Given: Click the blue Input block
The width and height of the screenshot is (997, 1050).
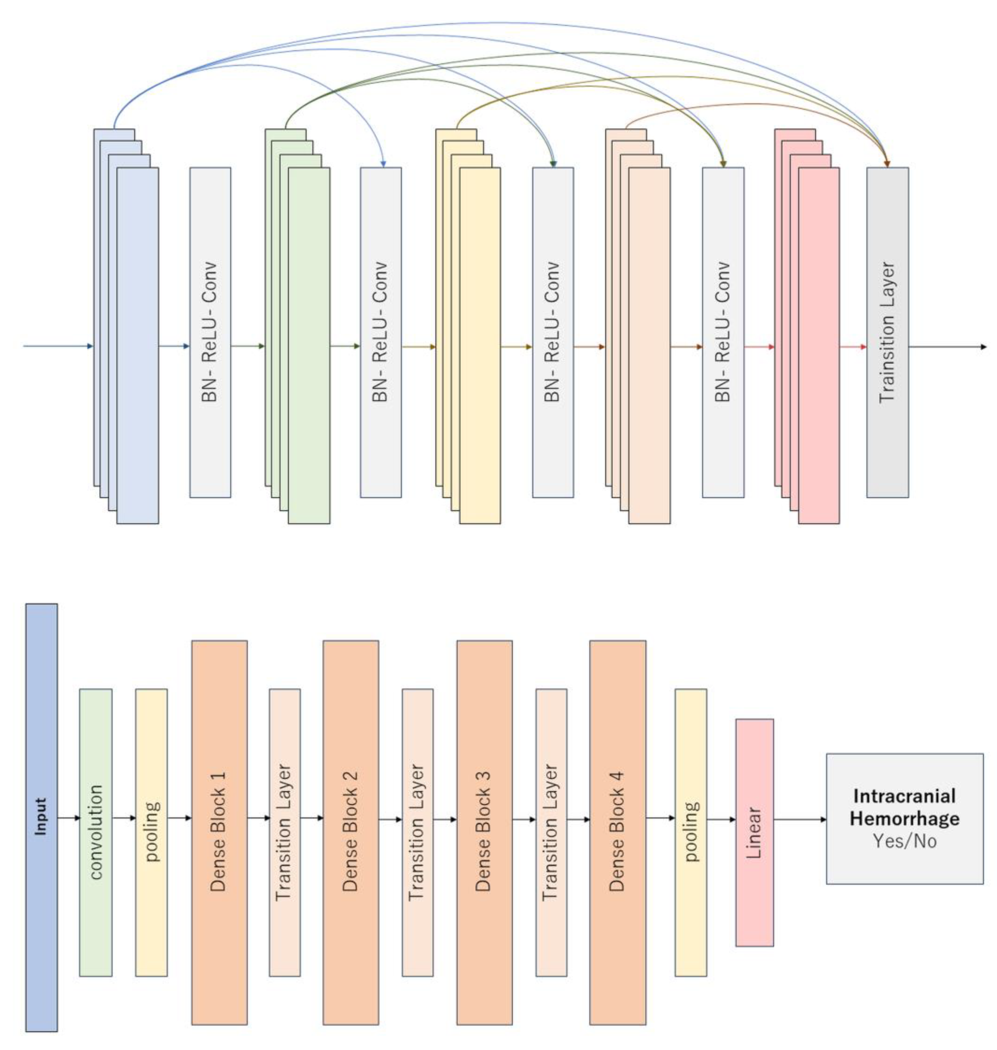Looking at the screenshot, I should click(41, 819).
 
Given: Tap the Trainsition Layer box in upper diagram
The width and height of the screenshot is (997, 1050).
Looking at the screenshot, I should click(887, 332).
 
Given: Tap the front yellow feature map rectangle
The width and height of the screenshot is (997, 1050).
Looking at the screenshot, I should click(480, 346).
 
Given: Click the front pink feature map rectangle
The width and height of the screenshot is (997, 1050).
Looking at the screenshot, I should click(819, 346).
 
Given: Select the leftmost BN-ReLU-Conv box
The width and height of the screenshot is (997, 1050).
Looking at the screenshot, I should click(210, 332).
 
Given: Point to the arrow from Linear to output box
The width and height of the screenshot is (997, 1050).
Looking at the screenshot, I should click(799, 819).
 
